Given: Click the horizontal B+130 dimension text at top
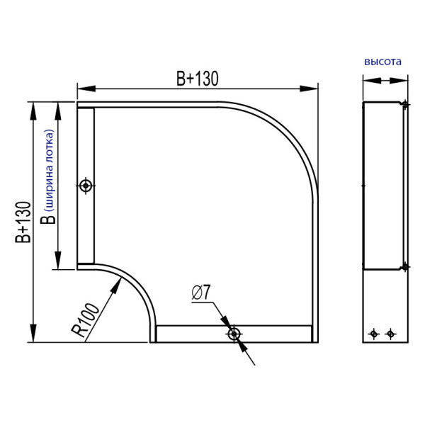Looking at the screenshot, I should (x=197, y=79).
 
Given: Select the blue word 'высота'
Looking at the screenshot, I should (x=382, y=62).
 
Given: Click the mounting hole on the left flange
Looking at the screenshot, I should (x=86, y=186).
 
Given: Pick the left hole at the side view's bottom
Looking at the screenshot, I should (x=374, y=333).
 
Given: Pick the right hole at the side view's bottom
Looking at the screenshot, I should (x=388, y=333).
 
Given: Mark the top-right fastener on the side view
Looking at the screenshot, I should (x=404, y=106).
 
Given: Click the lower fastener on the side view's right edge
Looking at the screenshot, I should (x=404, y=266).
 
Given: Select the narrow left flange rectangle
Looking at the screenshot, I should (x=85, y=186).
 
